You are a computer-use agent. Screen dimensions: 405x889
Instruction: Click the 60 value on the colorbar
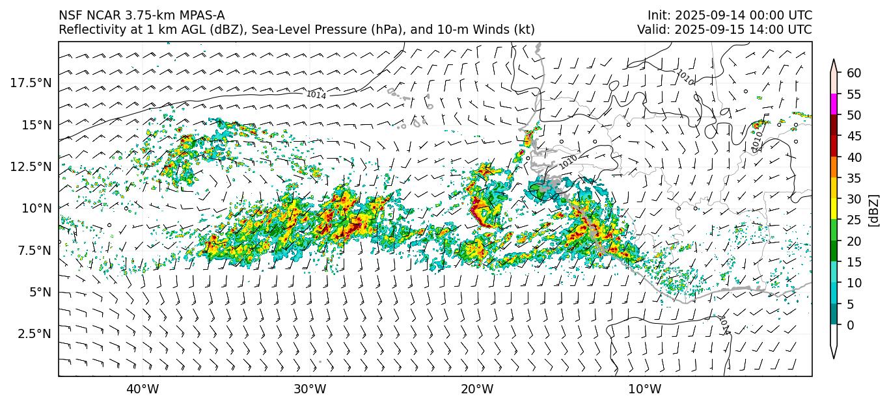[854, 73]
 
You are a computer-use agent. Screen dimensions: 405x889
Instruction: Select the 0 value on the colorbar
[850, 325]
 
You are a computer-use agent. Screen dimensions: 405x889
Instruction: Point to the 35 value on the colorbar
[854, 178]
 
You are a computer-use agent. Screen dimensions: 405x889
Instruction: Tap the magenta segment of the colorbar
[834, 105]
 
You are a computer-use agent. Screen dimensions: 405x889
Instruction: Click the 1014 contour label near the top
[316, 95]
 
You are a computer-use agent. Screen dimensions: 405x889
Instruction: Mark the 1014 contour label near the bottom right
[724, 324]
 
